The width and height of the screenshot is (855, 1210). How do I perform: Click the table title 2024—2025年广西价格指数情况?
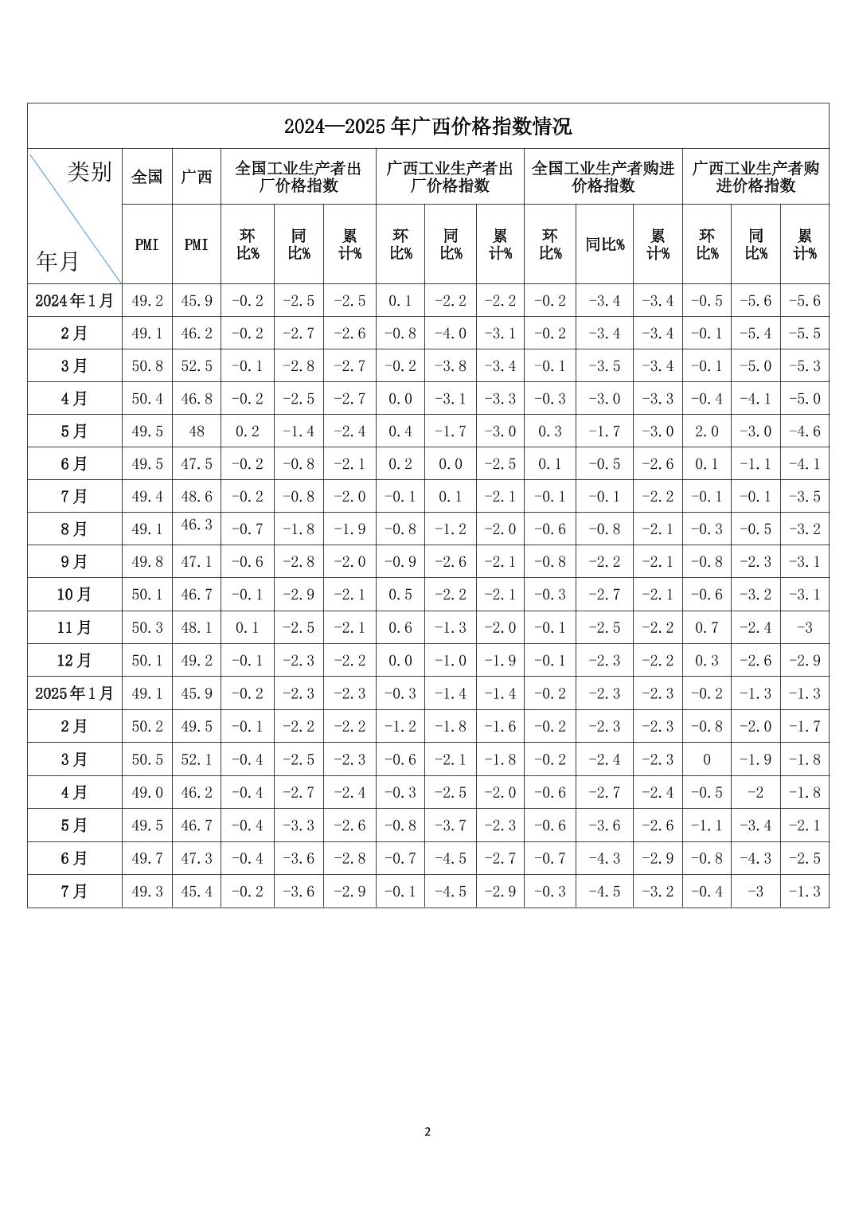[x=427, y=127]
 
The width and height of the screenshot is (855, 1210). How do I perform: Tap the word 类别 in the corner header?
[x=89, y=172]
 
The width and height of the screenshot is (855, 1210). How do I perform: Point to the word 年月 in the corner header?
[x=57, y=260]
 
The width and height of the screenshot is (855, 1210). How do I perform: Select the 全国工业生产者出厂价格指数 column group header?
[x=298, y=177]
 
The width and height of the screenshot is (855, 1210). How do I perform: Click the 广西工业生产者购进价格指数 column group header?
[x=755, y=177]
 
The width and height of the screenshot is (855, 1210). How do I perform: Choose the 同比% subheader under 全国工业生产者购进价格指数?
[x=604, y=244]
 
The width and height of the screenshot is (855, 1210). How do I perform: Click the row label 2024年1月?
[x=75, y=301]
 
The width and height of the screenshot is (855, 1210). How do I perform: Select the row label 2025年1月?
[x=75, y=693]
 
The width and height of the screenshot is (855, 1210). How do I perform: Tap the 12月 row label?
[x=75, y=661]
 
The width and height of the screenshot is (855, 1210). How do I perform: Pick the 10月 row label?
[x=75, y=595]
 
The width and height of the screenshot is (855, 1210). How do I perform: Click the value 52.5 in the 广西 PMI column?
[x=197, y=366]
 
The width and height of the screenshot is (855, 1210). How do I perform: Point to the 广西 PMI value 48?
[x=197, y=431]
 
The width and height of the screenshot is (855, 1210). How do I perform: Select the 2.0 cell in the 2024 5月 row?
[x=706, y=431]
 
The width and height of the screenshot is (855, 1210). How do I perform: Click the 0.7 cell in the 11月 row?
[x=706, y=628]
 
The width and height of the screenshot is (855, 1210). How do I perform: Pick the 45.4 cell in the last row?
[x=197, y=892]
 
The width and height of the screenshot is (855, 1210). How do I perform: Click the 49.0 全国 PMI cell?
[x=147, y=793]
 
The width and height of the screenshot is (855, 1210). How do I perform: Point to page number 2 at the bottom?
[x=427, y=1131]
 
